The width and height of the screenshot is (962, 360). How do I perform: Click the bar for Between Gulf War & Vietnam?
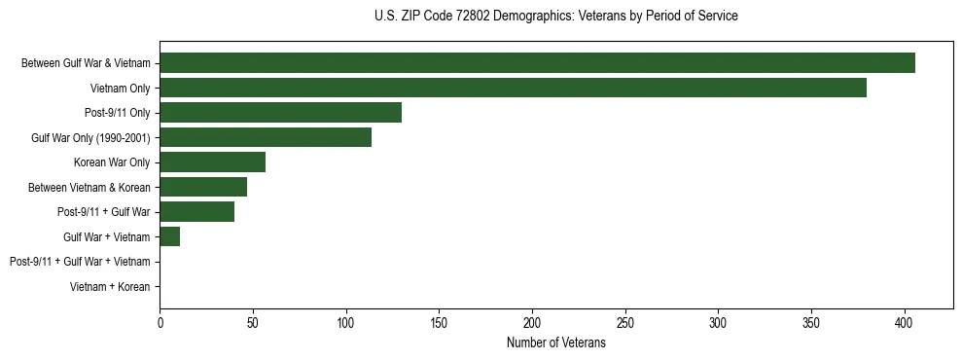537,63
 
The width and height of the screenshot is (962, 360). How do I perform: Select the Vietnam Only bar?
513,88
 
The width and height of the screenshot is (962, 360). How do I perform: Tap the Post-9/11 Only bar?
280,113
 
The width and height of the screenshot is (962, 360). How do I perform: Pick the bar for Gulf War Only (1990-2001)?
266,137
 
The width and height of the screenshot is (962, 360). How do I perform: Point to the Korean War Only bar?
212,162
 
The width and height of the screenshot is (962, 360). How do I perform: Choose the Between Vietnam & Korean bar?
203,187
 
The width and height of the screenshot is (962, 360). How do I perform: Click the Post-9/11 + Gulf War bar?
196,212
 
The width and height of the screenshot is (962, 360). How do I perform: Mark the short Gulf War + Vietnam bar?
169,236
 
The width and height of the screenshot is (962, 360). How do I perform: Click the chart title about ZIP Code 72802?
555,17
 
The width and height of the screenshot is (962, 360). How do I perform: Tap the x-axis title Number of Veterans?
555,343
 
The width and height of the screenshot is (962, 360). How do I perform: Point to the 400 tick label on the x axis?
905,322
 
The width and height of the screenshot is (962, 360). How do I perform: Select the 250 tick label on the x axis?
625,322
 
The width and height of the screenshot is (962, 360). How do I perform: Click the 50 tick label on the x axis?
253,322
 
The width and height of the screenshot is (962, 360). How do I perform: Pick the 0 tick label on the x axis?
160,322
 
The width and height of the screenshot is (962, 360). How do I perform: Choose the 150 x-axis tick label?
439,322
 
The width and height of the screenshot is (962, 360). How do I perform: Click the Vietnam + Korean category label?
110,287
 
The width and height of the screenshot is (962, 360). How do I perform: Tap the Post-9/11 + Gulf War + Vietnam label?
80,262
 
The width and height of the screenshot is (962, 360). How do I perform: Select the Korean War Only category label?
112,162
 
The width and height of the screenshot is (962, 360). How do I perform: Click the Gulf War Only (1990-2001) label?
90,138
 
